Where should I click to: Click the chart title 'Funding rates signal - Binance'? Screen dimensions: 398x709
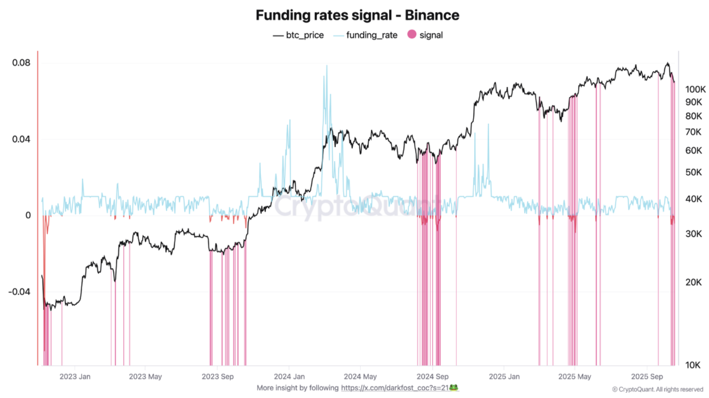click(357, 15)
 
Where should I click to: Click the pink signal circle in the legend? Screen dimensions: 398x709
click(412, 34)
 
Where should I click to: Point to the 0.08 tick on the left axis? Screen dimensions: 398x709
click(21, 63)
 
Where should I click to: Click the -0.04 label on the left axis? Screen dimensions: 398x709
click(19, 291)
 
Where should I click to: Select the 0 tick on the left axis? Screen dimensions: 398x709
click(28, 215)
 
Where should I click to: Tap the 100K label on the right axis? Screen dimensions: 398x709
click(695, 89)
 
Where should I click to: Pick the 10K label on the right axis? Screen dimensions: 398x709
click(693, 365)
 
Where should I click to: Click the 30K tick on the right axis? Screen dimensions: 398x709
click(693, 234)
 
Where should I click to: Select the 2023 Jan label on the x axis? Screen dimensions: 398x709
click(75, 377)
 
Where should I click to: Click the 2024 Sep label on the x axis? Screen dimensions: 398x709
click(432, 377)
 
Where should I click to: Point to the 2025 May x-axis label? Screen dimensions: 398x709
click(574, 377)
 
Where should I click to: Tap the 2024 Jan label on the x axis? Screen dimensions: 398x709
click(289, 377)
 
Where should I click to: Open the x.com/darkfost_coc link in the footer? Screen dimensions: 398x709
click(395, 388)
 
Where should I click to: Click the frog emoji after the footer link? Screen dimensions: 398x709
click(454, 387)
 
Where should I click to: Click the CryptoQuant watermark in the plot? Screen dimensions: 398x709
click(354, 206)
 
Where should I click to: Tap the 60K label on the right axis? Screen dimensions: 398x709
click(693, 150)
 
